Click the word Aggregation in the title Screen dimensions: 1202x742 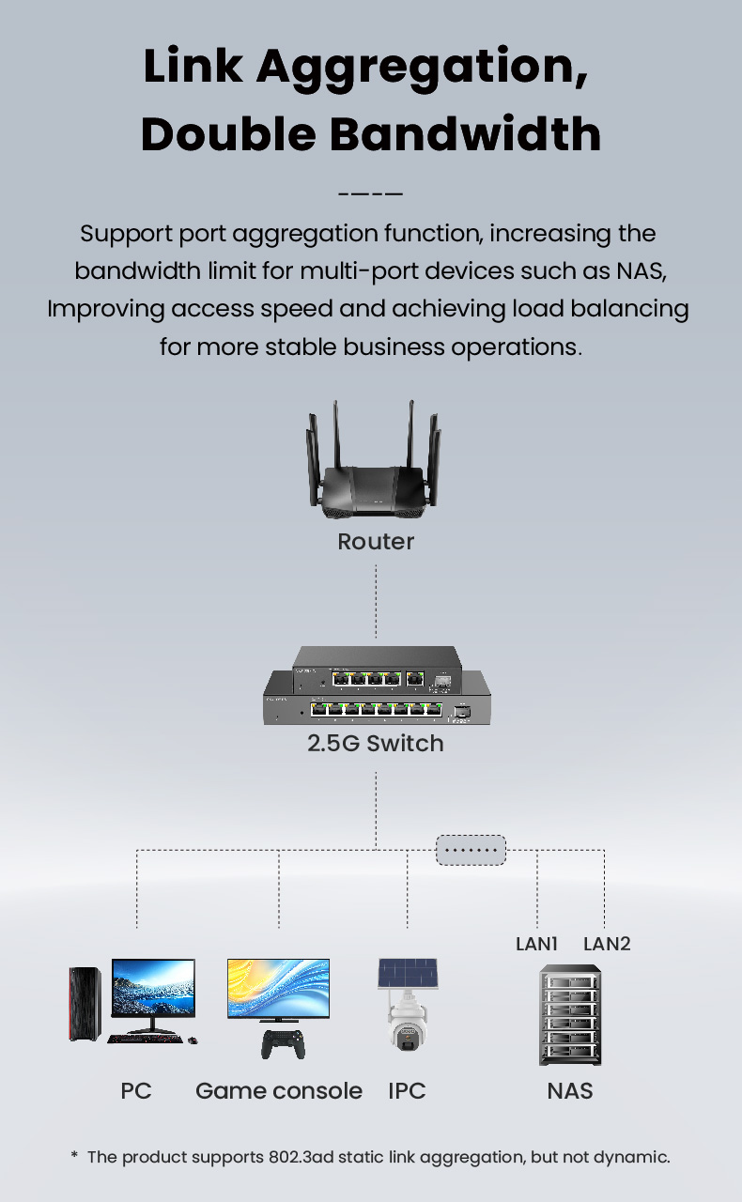coord(423,68)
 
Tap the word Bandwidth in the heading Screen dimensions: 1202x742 coord(467,134)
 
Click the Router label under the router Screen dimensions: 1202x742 coord(376,542)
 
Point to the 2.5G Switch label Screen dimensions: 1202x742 coord(376,744)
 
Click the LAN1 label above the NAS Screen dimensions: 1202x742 coord(537,944)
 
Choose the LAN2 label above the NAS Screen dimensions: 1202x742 coord(607,944)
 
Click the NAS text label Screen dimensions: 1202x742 coord(570,1090)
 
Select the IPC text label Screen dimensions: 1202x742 coord(407,1090)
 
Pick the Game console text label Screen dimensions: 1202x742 coord(279,1090)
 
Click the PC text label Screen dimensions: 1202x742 coord(136,1090)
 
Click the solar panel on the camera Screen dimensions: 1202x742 coord(408,973)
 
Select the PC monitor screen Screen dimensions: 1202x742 coord(153,988)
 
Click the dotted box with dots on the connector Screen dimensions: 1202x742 coord(471,851)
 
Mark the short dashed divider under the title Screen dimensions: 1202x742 coord(370,194)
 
